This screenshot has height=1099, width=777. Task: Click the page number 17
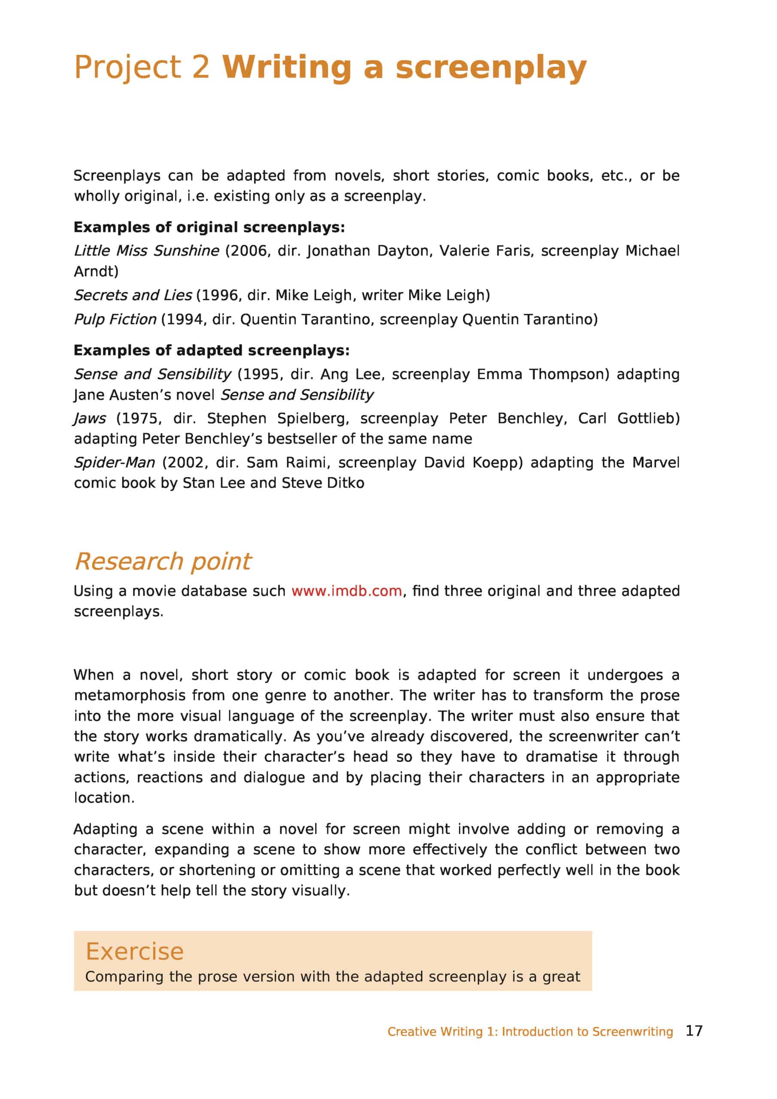(694, 1030)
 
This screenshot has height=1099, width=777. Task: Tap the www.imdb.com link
(346, 591)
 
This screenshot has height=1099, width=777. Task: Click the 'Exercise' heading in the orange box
(134, 951)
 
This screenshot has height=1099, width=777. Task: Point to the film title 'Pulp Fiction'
(115, 319)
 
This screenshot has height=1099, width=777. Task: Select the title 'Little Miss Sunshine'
(146, 251)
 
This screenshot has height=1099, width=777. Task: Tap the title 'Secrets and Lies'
(133, 295)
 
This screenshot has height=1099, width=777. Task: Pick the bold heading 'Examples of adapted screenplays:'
(212, 350)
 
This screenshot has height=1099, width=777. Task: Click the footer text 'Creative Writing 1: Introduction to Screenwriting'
(530, 1031)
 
